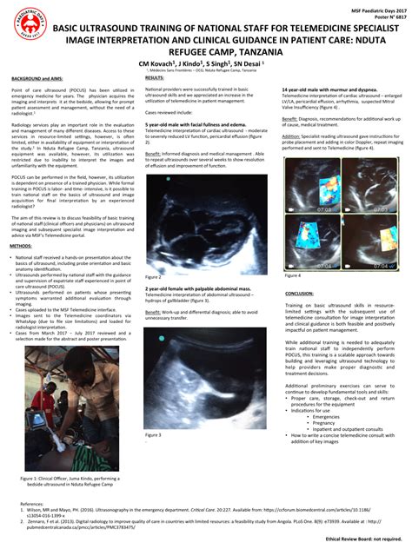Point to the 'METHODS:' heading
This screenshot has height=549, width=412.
20,246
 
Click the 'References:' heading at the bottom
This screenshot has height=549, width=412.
34,502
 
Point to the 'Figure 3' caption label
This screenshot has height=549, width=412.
154,434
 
